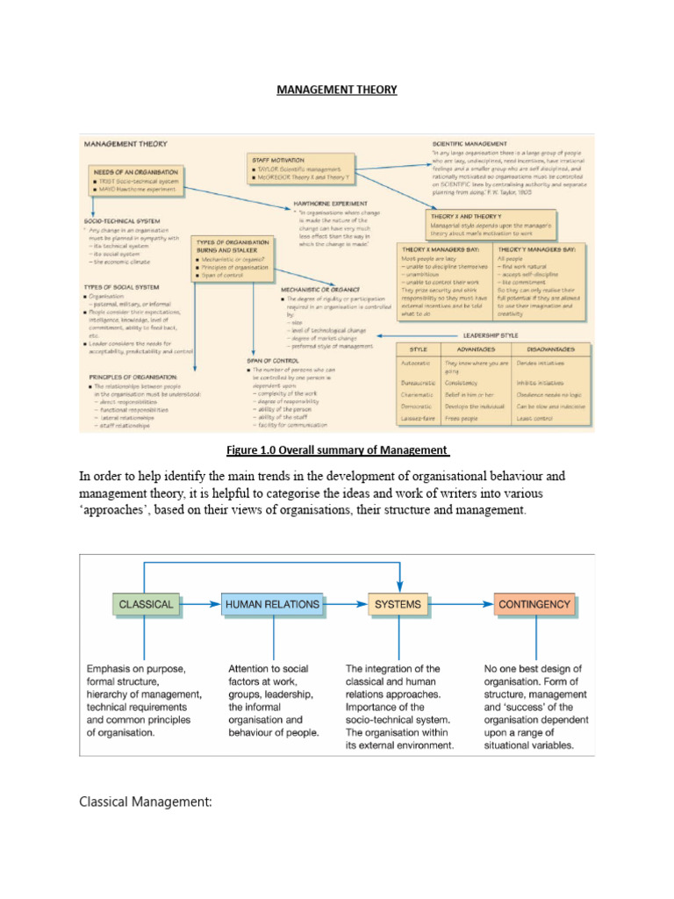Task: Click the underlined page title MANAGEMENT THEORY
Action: pyautogui.click(x=338, y=90)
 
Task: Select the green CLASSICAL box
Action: pyautogui.click(x=146, y=605)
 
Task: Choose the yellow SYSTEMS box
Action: pyautogui.click(x=398, y=605)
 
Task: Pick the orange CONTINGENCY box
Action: pyautogui.click(x=534, y=605)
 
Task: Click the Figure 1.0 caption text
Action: pyautogui.click(x=337, y=450)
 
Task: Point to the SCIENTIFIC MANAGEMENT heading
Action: pyautogui.click(x=470, y=143)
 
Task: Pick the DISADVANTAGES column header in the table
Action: pyautogui.click(x=538, y=349)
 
